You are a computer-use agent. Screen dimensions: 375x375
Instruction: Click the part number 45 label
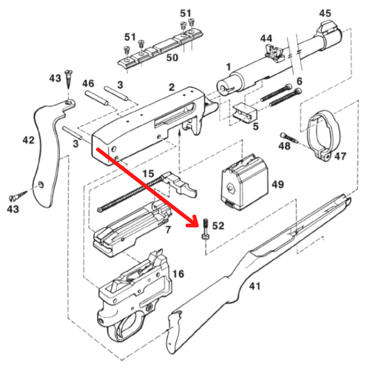[x=325, y=13]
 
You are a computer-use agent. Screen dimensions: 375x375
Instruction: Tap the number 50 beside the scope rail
[x=172, y=58]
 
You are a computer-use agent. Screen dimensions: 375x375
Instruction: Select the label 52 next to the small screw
[x=218, y=226]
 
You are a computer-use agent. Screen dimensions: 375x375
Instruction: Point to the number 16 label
[x=178, y=274]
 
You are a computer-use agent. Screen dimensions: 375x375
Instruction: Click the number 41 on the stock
[x=255, y=286]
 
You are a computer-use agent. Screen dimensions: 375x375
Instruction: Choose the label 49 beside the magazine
[x=277, y=184]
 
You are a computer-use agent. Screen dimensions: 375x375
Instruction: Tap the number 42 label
[x=29, y=140]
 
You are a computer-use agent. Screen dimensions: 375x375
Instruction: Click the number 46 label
[x=88, y=83]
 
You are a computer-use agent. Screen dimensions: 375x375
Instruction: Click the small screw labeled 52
[x=205, y=229]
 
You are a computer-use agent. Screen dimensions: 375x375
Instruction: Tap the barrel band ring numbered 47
[x=320, y=135]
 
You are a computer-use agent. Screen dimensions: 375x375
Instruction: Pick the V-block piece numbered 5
[x=245, y=112]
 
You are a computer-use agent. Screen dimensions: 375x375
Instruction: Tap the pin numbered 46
[x=97, y=97]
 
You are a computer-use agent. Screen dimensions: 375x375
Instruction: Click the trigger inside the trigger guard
[x=126, y=328]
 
